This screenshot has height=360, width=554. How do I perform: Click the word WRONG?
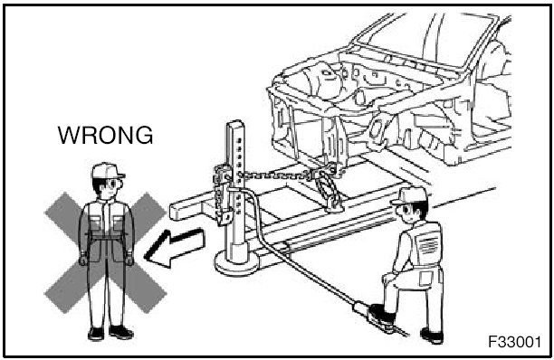[x=105, y=135]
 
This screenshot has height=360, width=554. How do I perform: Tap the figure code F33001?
[x=514, y=342]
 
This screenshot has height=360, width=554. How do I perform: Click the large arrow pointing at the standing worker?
[x=175, y=248]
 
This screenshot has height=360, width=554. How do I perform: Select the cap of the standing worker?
[x=108, y=171]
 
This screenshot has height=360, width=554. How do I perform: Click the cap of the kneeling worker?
[x=410, y=196]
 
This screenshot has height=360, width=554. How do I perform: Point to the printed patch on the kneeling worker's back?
[x=428, y=244]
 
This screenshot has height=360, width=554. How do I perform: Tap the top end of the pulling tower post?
[x=235, y=124]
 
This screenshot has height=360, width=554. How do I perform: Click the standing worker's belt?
[x=107, y=235]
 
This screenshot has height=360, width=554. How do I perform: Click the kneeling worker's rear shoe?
[x=433, y=336]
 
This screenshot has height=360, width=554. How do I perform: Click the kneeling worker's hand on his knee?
[x=388, y=278]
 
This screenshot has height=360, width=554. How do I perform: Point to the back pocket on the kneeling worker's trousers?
[x=425, y=278]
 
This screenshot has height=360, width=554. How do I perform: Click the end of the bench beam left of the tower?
[x=176, y=210]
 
